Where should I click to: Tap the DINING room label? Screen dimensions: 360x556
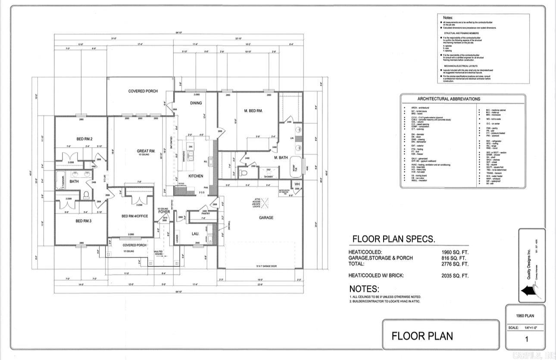coord(196,103)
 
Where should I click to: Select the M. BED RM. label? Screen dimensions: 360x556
coord(253,111)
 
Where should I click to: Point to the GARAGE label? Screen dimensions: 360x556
coord(266,218)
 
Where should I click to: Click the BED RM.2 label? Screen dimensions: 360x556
coord(85,138)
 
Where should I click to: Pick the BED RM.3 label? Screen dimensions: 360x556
coord(84,221)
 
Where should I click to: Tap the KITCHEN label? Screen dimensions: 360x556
coord(196,176)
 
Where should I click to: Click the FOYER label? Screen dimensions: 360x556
coord(164,212)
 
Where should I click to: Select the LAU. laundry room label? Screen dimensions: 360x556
coord(195,234)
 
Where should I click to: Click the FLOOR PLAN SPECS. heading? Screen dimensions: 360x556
coord(394,239)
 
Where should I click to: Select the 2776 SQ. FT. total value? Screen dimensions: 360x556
coord(455,264)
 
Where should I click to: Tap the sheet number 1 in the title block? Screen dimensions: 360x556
coord(526,339)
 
